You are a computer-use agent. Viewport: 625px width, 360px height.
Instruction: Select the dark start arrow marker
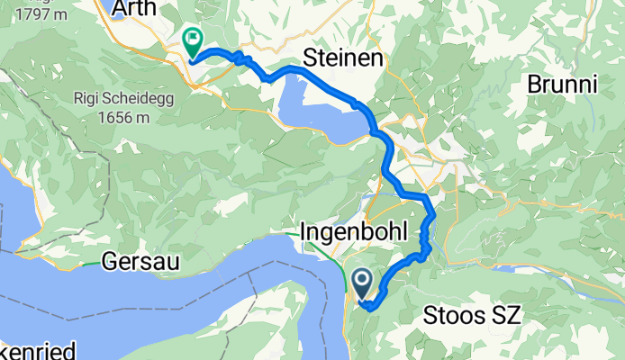(362, 285)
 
